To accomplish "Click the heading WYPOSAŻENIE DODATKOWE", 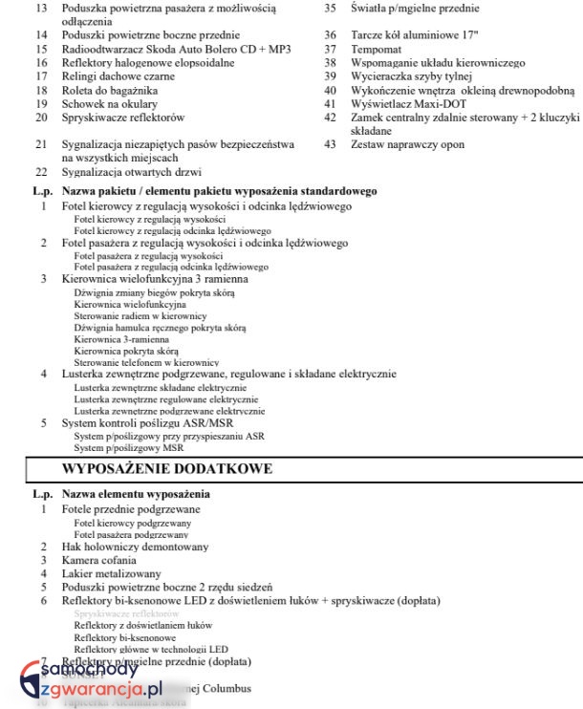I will [167, 469].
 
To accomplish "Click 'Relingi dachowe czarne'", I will [118, 76].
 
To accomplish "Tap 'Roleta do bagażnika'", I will [111, 90].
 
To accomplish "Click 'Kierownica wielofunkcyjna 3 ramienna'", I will [155, 279].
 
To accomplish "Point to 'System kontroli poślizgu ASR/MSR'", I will [146, 422].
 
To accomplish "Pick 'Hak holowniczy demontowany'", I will [135, 548].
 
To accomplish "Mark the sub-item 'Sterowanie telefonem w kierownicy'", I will [146, 363].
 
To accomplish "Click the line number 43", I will [330, 144].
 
